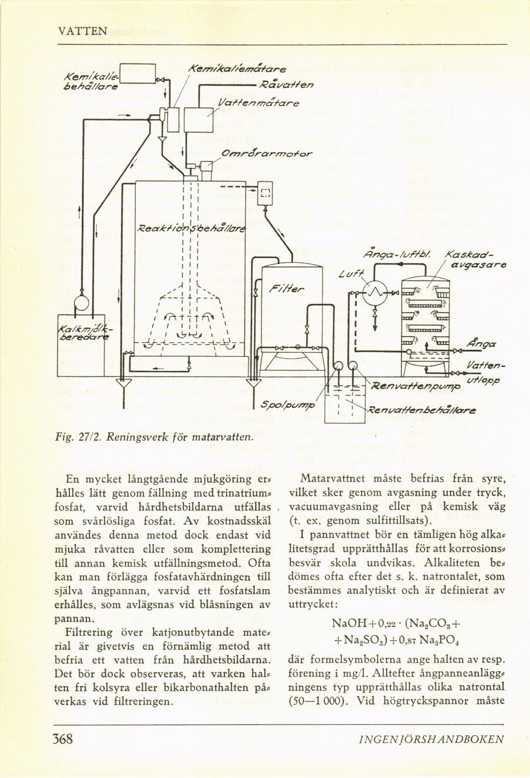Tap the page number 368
(x=63, y=739)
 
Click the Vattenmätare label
(x=258, y=103)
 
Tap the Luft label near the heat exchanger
(x=349, y=273)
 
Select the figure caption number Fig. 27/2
(x=74, y=436)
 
